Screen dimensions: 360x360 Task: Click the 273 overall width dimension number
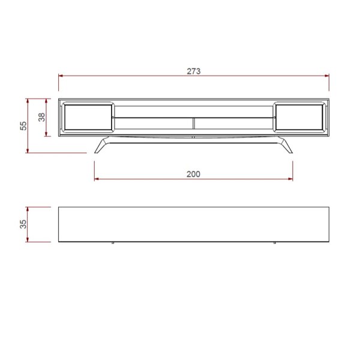193,71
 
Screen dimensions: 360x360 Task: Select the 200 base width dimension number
193,174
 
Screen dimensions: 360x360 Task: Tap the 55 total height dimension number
23,125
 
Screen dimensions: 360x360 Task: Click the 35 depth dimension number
23,224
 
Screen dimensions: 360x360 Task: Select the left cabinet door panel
88,118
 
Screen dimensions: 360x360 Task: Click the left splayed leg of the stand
101,146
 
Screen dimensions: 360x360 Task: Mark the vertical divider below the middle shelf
194,123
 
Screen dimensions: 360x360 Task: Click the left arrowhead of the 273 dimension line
61,76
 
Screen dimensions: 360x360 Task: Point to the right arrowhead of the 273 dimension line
327,76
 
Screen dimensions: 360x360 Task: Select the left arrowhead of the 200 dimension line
97,179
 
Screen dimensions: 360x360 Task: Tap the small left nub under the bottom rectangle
113,244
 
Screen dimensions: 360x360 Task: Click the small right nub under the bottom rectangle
274,244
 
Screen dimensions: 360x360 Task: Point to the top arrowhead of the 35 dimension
28,209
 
